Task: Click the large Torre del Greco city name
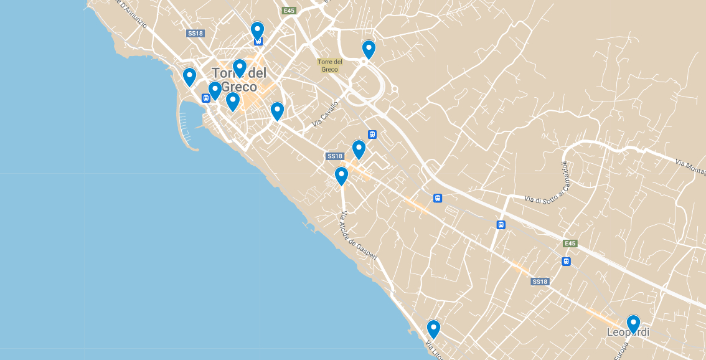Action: (238, 80)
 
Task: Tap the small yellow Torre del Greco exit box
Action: (330, 65)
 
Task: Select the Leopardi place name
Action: (628, 333)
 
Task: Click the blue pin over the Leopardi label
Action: (633, 324)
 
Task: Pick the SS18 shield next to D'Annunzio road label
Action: (195, 33)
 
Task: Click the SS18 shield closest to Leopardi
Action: (540, 282)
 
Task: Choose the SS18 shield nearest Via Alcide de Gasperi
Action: (334, 156)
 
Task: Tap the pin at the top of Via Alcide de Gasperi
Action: (341, 176)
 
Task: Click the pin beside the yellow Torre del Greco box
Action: (369, 49)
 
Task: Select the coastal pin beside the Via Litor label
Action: (433, 329)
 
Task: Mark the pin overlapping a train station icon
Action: (257, 31)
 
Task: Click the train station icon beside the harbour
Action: (205, 98)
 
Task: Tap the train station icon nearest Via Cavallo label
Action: (372, 134)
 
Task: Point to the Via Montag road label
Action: (690, 164)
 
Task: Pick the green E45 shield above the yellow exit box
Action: (288, 11)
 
